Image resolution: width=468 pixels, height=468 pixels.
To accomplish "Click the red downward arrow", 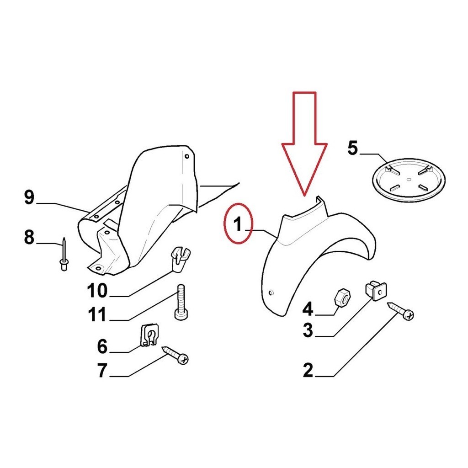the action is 304,143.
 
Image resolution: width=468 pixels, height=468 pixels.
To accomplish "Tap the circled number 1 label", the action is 238,223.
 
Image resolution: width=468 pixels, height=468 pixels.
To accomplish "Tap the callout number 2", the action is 308,370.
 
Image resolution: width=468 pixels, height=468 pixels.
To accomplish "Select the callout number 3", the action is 308,330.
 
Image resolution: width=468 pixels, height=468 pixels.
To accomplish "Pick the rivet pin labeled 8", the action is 64,254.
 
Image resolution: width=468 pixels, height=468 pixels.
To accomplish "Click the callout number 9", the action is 29,197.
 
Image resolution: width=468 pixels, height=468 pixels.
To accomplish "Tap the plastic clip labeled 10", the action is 180,259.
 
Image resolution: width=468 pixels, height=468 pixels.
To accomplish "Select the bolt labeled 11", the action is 181,302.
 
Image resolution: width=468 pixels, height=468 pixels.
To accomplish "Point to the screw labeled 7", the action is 175,355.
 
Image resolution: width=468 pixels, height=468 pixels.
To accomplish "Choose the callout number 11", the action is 97,314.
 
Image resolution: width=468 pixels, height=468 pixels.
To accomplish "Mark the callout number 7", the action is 102,370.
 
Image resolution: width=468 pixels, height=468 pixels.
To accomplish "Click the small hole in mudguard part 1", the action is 271,292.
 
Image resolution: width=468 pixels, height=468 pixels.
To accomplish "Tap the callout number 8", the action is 29,238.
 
